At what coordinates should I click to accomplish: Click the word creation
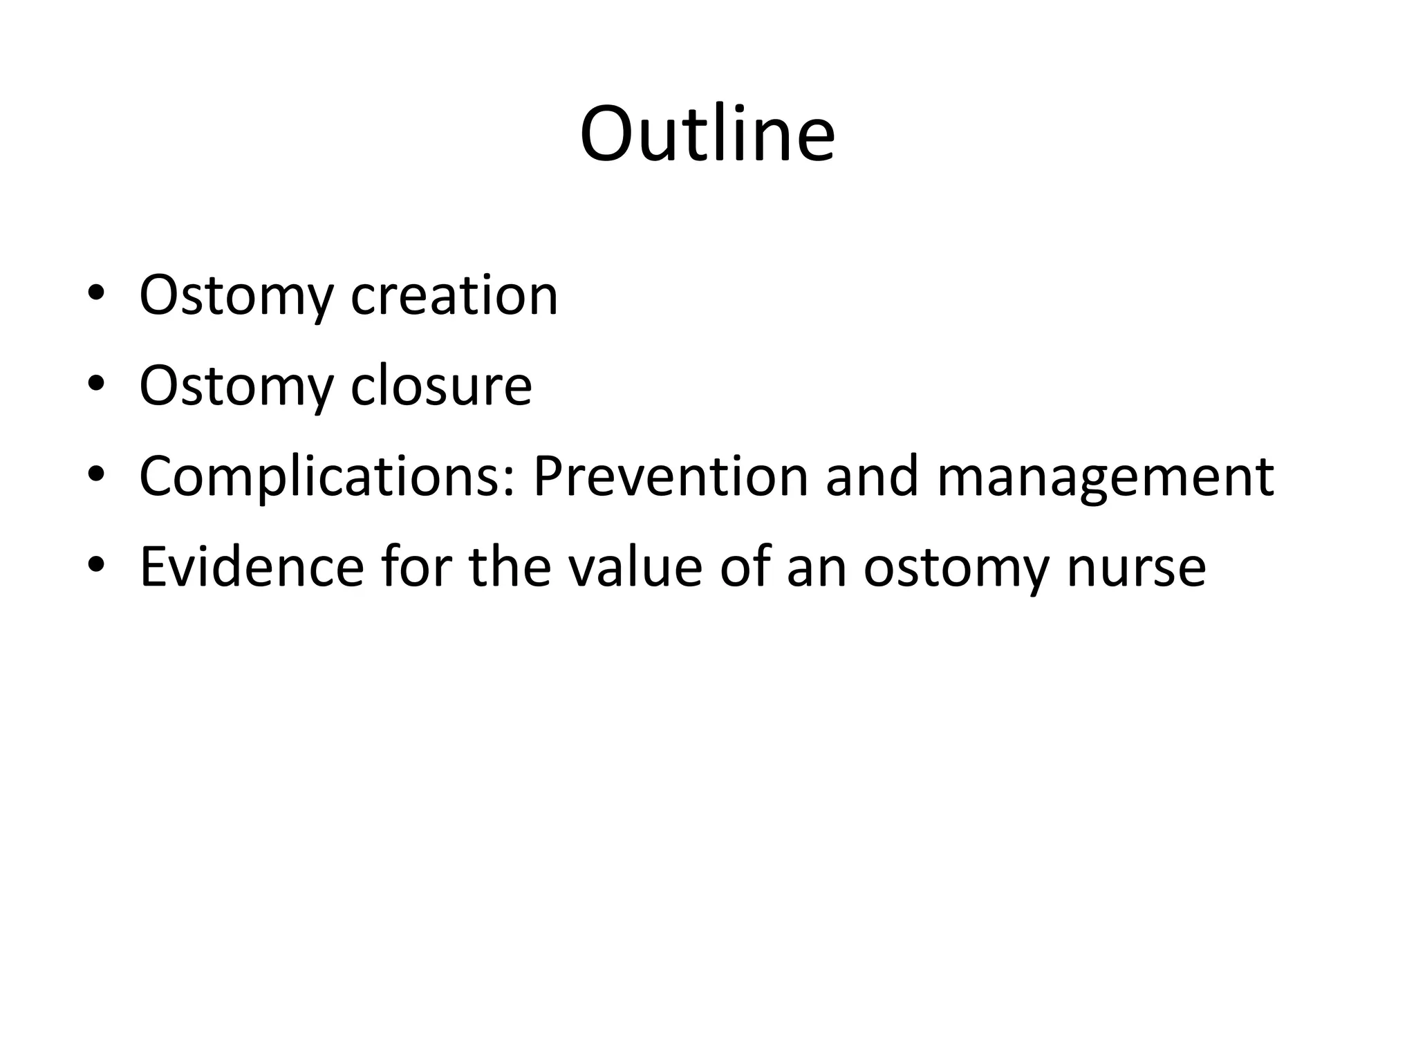[x=454, y=295]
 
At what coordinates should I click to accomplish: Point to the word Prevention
[x=671, y=476]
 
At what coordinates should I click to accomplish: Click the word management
[x=1105, y=476]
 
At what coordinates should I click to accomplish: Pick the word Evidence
[x=252, y=567]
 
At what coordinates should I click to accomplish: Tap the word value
[x=635, y=567]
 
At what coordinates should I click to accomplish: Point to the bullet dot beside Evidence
[x=96, y=564]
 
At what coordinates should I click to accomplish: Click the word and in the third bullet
[x=872, y=476]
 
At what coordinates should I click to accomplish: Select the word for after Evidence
[x=415, y=567]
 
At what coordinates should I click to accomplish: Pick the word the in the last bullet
[x=510, y=567]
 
